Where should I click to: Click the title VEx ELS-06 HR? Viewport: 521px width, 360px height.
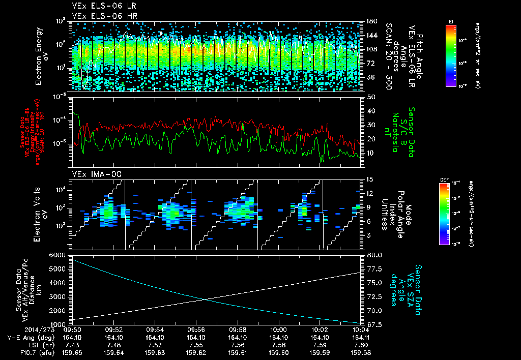[96, 16]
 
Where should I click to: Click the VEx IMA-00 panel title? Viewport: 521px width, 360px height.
[90, 174]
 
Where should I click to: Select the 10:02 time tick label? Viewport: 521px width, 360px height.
[320, 329]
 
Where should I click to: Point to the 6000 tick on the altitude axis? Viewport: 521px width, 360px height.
[59, 254]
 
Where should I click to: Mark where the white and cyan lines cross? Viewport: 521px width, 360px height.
[205, 299]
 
